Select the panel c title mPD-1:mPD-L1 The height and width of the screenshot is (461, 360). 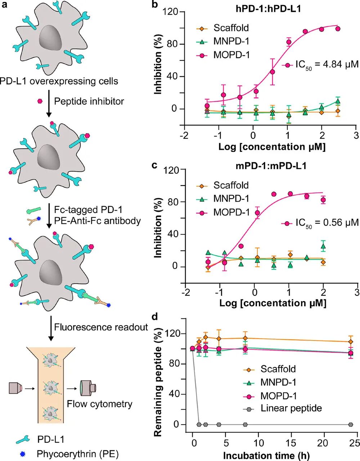pyautogui.click(x=265, y=166)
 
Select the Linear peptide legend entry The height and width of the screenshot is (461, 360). pyautogui.click(x=291, y=408)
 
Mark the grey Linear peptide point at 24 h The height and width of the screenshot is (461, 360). pyautogui.click(x=350, y=425)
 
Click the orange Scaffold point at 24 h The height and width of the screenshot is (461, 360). pyautogui.click(x=350, y=342)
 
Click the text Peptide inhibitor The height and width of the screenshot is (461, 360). pyautogui.click(x=89, y=101)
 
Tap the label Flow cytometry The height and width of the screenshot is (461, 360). pyautogui.click(x=99, y=404)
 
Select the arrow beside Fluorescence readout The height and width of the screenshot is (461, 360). pyautogui.click(x=51, y=328)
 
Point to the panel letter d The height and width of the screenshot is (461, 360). pyautogui.click(x=155, y=317)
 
